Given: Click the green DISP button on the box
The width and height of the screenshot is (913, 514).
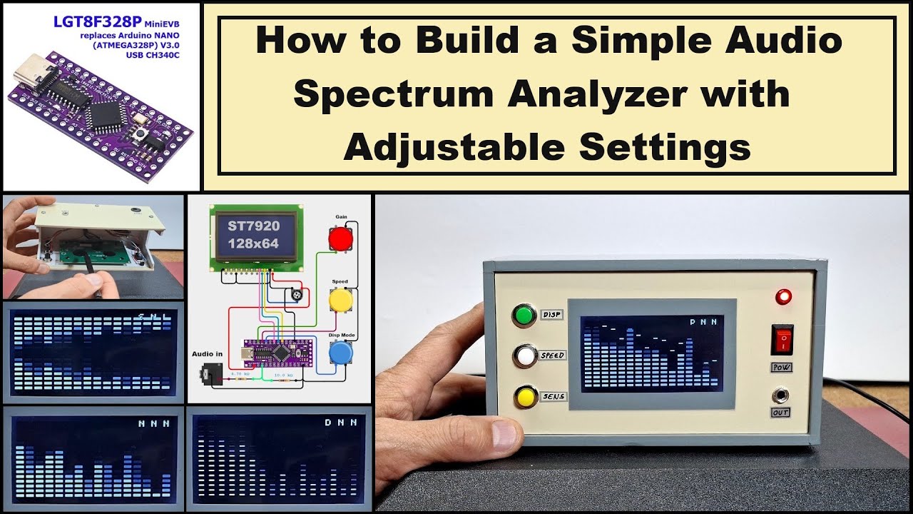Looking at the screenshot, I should coord(525,316).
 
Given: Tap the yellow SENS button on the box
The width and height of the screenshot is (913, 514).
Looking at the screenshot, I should coord(526,396).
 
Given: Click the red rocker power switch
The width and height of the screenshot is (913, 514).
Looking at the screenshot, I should coord(782,339).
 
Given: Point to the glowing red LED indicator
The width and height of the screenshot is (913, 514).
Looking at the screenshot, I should coord(784,296).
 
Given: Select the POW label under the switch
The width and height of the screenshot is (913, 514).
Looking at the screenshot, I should coord(782,367).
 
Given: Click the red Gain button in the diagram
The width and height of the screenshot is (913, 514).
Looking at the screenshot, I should coord(340,237).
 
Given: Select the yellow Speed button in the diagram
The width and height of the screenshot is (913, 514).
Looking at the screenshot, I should coord(340,298).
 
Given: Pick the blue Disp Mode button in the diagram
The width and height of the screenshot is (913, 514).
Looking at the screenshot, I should coord(340,353).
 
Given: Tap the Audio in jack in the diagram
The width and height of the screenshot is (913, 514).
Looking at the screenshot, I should coord(212,373).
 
